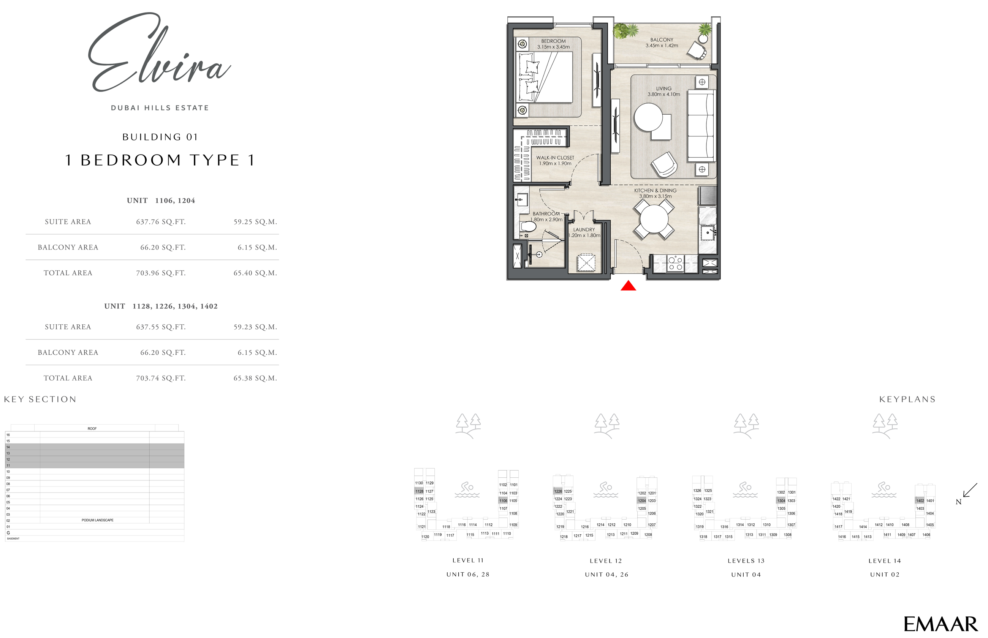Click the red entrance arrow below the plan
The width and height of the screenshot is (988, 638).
click(x=628, y=286)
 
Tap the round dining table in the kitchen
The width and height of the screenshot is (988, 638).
click(x=654, y=219)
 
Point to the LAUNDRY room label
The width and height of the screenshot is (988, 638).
click(x=584, y=229)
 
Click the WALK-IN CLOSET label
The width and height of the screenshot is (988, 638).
click(x=555, y=158)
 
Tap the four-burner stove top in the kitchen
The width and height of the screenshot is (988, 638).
click(x=675, y=264)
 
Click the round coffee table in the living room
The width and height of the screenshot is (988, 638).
click(x=648, y=117)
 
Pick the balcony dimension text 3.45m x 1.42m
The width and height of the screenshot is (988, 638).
click(x=662, y=46)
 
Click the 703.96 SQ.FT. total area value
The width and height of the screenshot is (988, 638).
click(x=161, y=273)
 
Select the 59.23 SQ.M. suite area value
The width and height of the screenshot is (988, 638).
click(x=255, y=327)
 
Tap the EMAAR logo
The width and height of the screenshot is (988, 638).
click(x=940, y=624)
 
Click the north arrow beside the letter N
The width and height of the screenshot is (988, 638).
click(x=970, y=490)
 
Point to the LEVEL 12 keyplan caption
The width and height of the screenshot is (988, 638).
click(x=606, y=561)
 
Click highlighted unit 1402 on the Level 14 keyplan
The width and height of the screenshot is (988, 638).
click(x=920, y=501)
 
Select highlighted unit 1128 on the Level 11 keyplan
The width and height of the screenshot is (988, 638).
click(x=419, y=491)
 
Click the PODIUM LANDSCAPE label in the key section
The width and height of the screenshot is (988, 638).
click(x=97, y=520)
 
